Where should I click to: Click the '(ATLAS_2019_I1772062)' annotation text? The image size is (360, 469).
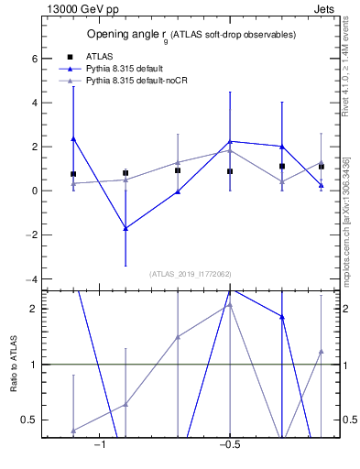point(191,274)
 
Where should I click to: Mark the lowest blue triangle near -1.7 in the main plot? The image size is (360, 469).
point(125,228)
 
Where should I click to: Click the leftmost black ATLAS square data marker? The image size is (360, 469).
point(73,174)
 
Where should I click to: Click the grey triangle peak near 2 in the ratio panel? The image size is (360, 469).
point(230,305)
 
